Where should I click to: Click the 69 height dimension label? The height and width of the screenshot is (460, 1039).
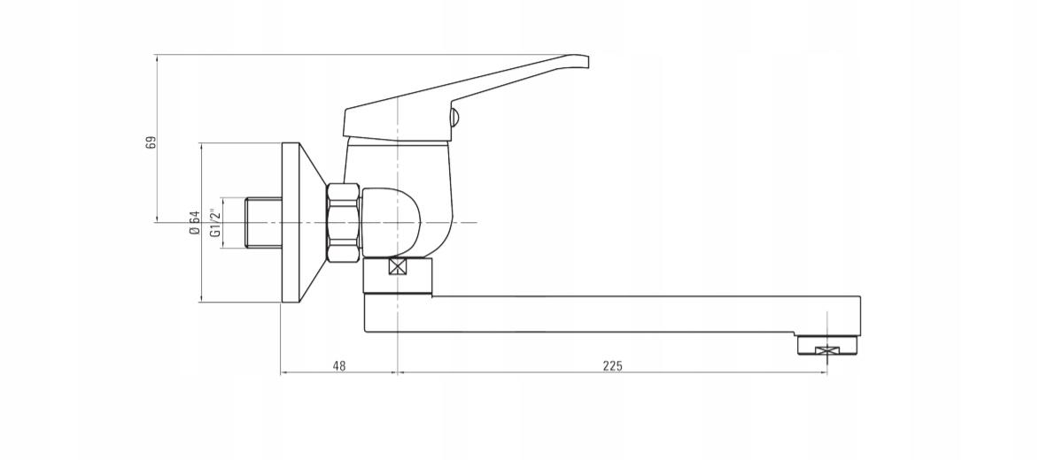151,142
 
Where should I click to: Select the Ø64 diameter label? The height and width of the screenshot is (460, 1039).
194,222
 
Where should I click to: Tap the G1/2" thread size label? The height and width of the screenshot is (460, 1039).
214,223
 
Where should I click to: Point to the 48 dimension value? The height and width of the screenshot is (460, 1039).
338,365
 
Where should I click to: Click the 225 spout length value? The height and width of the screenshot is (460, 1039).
613,365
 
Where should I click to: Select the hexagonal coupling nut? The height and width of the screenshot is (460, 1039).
344,222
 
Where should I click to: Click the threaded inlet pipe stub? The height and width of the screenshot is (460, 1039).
263,222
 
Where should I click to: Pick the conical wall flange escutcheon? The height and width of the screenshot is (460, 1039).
301,222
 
